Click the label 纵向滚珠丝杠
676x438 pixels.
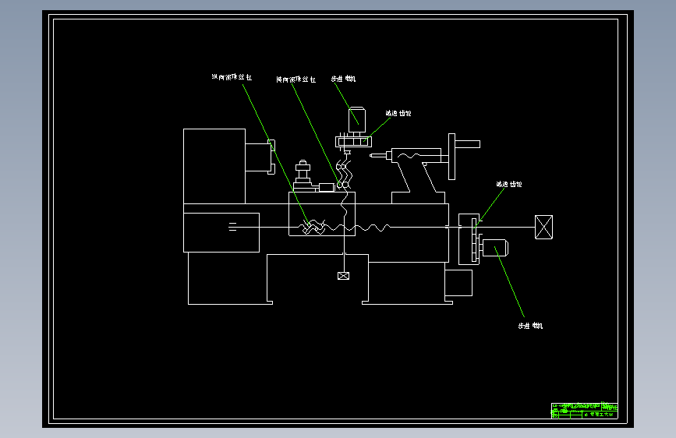pos(232,78)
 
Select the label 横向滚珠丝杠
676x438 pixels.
pos(296,79)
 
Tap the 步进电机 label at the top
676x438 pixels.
pos(344,79)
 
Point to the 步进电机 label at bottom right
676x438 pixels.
pos(530,326)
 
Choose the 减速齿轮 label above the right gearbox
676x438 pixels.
pos(509,185)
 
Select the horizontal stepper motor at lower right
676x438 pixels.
pos(495,249)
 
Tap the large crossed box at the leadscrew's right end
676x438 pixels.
pos(543,227)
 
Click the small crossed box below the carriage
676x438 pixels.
pos(343,276)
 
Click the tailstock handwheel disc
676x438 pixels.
pos(451,156)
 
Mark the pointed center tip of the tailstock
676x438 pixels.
pos(373,157)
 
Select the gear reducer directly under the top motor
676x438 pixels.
pos(352,142)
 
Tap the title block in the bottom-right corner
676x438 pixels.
pos(583,411)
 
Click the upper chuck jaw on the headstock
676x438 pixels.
pos(272,143)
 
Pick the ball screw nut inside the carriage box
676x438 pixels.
pos(313,227)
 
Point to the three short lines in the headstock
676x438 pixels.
pos(232,227)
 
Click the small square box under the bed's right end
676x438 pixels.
pos(458,283)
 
